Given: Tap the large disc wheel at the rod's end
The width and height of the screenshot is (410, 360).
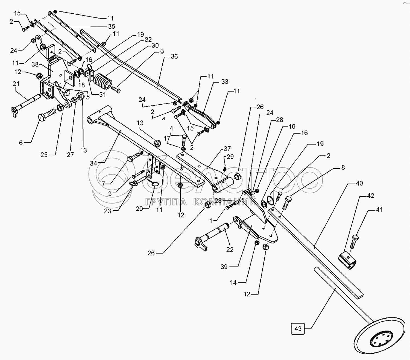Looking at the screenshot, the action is [380, 340].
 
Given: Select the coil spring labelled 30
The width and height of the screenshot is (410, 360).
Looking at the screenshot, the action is [103, 81].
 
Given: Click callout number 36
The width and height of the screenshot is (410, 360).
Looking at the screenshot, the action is [174, 56].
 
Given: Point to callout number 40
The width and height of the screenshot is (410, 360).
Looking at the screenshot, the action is [359, 183].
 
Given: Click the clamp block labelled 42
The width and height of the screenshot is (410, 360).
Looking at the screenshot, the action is [347, 260].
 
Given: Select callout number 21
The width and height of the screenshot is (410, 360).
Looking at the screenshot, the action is [16, 84].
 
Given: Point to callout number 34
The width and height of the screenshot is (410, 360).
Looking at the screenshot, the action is [94, 163].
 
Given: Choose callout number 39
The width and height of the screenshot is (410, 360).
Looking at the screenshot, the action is [224, 267].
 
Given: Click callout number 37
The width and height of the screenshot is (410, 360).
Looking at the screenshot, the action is [227, 148].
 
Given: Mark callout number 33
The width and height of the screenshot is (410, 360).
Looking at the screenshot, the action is [225, 81].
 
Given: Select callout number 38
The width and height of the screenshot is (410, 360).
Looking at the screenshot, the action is [35, 64].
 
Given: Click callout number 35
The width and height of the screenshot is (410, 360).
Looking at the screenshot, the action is [112, 26].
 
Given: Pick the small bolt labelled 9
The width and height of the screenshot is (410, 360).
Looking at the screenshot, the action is [116, 90].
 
